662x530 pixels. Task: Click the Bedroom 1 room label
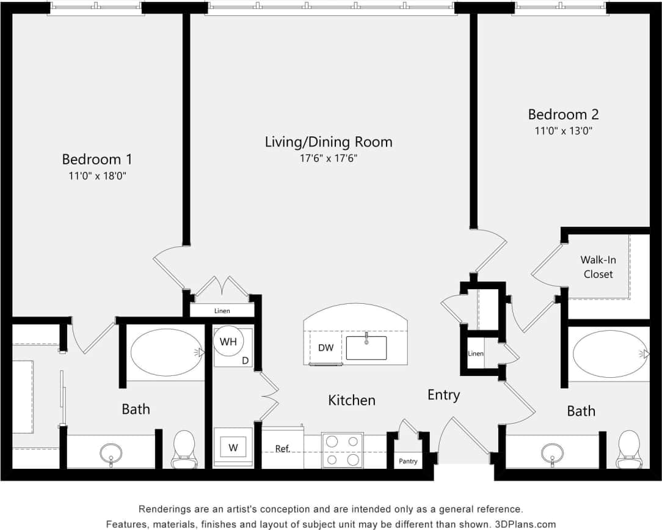click(x=96, y=159)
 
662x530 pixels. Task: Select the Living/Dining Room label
click(x=329, y=142)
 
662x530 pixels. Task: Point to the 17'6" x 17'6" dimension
click(x=329, y=158)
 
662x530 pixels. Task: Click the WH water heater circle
click(x=228, y=342)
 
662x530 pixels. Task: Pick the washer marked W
click(x=233, y=447)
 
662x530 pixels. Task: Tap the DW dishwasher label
click(x=326, y=347)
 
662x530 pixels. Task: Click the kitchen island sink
click(x=366, y=347)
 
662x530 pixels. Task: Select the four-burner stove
click(x=342, y=451)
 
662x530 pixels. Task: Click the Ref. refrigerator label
click(x=282, y=449)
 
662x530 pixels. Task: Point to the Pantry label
click(x=408, y=461)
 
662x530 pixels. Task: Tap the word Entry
click(x=443, y=395)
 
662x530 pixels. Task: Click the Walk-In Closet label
click(x=598, y=267)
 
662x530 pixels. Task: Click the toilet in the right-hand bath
click(x=628, y=447)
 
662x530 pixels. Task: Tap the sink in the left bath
click(x=111, y=452)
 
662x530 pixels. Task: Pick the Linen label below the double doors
click(x=222, y=311)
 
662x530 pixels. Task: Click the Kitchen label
click(x=352, y=400)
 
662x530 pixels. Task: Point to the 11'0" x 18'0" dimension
click(x=96, y=175)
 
